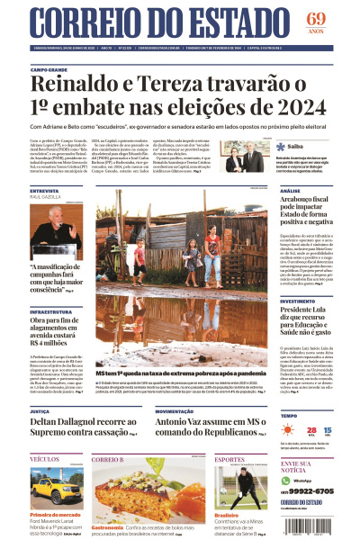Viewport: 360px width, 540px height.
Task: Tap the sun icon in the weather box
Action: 290,432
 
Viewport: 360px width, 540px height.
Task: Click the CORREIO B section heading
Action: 108,460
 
